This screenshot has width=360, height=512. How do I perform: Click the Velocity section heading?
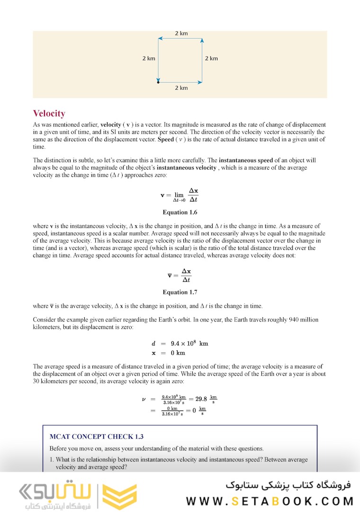(x=49, y=113)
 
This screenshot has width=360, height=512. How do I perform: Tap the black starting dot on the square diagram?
(x=158, y=82)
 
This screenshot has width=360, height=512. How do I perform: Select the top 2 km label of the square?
(x=181, y=33)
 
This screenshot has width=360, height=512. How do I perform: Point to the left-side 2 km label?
(x=149, y=58)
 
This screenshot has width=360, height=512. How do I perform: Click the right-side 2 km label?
(x=211, y=58)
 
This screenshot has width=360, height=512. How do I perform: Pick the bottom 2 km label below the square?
(x=181, y=88)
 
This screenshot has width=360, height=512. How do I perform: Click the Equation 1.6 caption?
(x=180, y=212)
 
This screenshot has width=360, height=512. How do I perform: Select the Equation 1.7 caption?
(x=180, y=292)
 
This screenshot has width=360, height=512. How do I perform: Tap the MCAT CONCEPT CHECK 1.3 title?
(x=96, y=437)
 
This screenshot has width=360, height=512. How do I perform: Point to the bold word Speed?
(x=165, y=139)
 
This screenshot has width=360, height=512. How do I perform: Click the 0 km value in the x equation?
(x=178, y=353)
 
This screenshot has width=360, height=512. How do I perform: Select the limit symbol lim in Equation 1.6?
(x=179, y=194)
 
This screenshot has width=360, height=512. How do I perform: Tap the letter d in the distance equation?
(x=153, y=343)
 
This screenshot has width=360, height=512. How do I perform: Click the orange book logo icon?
(x=119, y=495)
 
